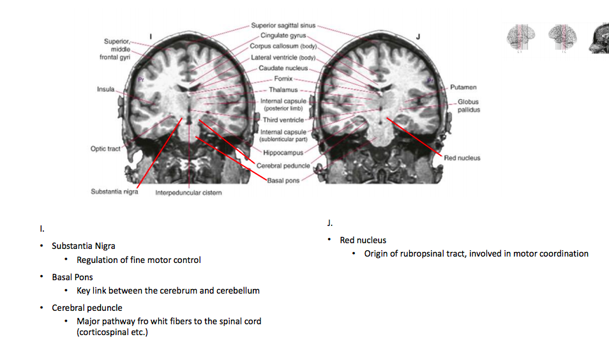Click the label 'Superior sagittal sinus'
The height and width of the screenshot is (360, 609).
pyautogui.click(x=283, y=26)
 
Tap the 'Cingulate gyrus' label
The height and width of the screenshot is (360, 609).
pyautogui.click(x=283, y=36)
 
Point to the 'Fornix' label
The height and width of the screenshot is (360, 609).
pyautogui.click(x=283, y=79)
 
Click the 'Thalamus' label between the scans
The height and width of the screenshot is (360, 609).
pyautogui.click(x=283, y=90)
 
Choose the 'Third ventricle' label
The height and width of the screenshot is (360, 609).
pyautogui.click(x=283, y=119)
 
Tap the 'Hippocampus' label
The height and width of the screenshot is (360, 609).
pyautogui.click(x=283, y=153)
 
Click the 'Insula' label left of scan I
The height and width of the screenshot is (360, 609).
pyautogui.click(x=105, y=89)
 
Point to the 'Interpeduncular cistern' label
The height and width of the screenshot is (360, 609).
pyautogui.click(x=188, y=193)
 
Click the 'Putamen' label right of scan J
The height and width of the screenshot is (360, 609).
pyautogui.click(x=463, y=87)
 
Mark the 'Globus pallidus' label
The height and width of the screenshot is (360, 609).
pyautogui.click(x=468, y=105)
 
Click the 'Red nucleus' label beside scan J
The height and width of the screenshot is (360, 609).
pyautogui.click(x=462, y=158)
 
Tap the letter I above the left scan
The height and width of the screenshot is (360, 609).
pyautogui.click(x=150, y=36)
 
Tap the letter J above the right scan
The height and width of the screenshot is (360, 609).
pyautogui.click(x=418, y=36)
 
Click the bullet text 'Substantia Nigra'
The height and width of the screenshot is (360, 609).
pyautogui.click(x=84, y=246)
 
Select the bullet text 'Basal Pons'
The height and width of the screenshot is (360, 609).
pyautogui.click(x=72, y=277)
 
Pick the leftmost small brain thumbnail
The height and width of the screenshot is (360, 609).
pyautogui.click(x=520, y=38)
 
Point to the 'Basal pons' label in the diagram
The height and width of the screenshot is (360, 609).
pyautogui.click(x=283, y=181)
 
